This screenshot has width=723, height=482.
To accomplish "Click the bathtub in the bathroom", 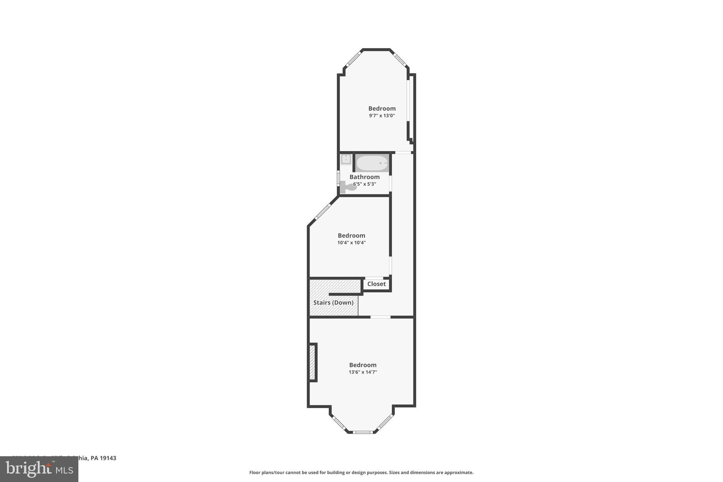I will pos(372,163).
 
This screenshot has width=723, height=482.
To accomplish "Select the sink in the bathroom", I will pos(346,160).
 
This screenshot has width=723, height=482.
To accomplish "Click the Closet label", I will pos(376,284).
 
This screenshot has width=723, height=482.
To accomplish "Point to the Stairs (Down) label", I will pos(333,303).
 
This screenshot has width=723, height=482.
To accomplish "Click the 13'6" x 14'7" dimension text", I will pos(363,372).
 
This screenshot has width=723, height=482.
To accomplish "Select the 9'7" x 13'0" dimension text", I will pos(382,115).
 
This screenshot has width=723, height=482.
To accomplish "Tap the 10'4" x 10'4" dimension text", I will pos(351,243).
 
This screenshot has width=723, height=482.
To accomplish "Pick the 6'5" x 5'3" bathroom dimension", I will pos(365,184).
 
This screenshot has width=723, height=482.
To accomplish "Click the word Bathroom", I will pos(365,177).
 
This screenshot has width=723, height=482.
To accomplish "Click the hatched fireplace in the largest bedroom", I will pos(312,363).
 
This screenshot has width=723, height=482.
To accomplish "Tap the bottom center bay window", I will pos(363,432).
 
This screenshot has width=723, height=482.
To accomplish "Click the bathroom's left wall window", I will pos(338,178).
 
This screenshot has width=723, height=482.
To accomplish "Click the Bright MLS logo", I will pos(39,469).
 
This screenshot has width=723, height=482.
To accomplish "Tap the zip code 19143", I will pos(108,458).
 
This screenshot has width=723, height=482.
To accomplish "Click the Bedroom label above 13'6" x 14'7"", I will pos(363,365).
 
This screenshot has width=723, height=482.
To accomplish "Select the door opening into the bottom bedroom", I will pos(380,317).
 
